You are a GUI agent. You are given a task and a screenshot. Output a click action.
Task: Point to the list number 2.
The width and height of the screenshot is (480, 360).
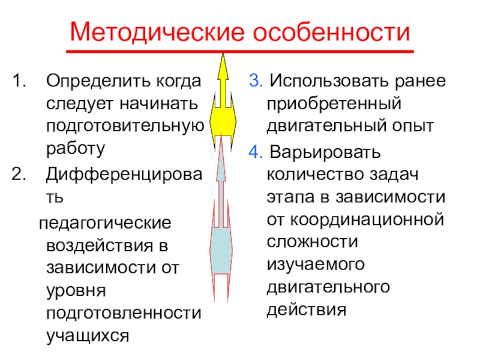click(19, 174)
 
